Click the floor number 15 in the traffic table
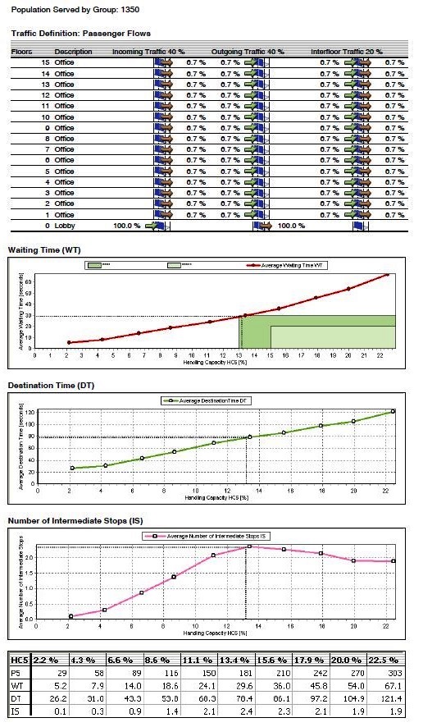(x=46, y=62)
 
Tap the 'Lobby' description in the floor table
(x=64, y=225)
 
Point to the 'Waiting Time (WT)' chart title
(x=50, y=249)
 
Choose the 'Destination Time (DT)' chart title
(x=57, y=384)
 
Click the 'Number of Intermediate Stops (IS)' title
(x=75, y=520)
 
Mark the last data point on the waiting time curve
(x=386, y=275)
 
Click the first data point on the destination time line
(x=72, y=469)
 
